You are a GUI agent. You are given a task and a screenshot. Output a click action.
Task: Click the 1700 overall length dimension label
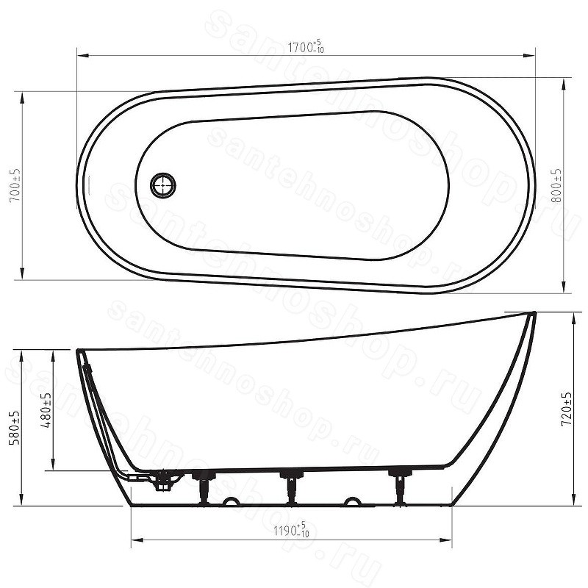pos(306,47)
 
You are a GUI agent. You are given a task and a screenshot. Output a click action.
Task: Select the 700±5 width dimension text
pos(15,185)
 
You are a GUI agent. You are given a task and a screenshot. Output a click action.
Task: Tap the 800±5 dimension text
pos(558,185)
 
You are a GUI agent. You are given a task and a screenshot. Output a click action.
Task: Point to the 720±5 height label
pos(567,409)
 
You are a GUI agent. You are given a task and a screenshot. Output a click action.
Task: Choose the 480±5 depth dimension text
pos(47,410)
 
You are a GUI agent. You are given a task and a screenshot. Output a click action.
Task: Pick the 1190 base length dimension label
pos(291,531)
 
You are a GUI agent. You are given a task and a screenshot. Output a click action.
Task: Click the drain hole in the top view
pos(162,184)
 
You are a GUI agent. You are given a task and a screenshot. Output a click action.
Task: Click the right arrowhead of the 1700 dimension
pos(529,56)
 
